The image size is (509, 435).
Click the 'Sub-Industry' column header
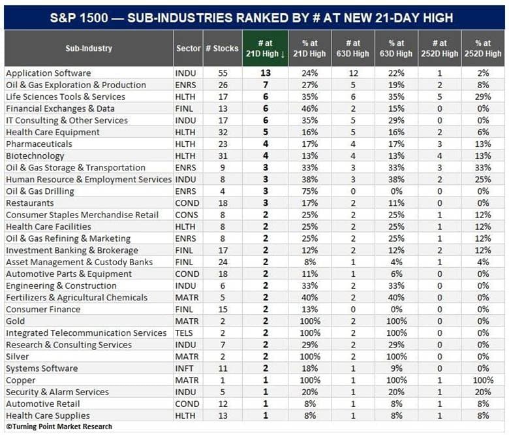tap(89, 48)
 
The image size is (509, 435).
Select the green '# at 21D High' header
tap(265, 48)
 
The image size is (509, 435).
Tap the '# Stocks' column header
tap(222, 48)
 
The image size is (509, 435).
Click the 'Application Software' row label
tap(48, 73)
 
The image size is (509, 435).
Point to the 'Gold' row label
tap(15, 321)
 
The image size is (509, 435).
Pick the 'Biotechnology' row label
tap(35, 156)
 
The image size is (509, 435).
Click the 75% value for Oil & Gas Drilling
tap(309, 191)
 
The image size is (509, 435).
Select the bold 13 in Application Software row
tap(265, 73)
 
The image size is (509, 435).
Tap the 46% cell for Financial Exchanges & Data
tap(309, 108)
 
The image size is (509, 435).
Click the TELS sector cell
tap(184, 333)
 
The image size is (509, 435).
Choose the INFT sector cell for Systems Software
tap(184, 368)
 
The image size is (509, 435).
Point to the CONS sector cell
tap(187, 215)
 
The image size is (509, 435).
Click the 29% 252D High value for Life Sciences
tap(483, 97)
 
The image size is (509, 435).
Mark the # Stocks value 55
tap(223, 73)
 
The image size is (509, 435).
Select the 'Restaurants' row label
tap(30, 203)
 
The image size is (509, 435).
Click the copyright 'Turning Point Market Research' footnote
tap(59, 427)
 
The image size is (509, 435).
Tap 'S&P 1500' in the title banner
tap(79, 18)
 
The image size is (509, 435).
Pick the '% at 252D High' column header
tap(483, 48)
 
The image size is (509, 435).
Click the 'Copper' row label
tap(20, 380)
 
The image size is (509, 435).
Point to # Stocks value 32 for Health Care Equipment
tap(223, 132)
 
